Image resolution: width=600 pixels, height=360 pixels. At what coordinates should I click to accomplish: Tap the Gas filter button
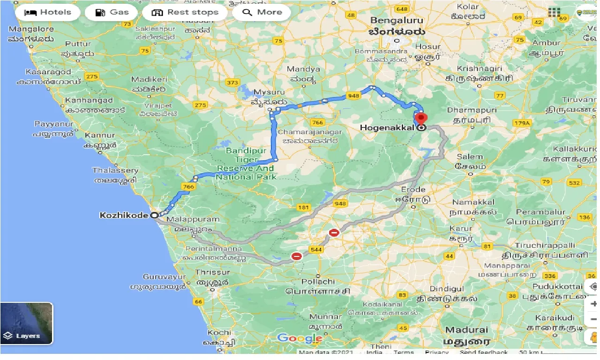(112, 13)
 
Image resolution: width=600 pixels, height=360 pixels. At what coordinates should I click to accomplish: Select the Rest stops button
(185, 13)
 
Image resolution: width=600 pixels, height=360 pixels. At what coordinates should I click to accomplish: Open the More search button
(262, 13)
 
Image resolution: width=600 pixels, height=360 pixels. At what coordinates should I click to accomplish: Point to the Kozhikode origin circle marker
(154, 215)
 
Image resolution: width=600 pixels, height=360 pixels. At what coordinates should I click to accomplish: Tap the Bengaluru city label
(396, 21)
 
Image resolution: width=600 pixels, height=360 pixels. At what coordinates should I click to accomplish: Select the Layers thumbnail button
(27, 323)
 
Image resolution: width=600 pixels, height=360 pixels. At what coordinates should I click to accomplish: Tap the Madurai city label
(466, 330)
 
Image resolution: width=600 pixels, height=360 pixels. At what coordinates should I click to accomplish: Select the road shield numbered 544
(316, 250)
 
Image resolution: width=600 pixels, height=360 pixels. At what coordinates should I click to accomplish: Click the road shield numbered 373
(232, 82)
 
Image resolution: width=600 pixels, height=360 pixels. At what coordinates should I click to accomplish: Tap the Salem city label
(470, 157)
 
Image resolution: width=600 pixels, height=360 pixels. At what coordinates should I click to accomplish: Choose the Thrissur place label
(212, 272)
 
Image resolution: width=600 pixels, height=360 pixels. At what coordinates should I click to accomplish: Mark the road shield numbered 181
(304, 207)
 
